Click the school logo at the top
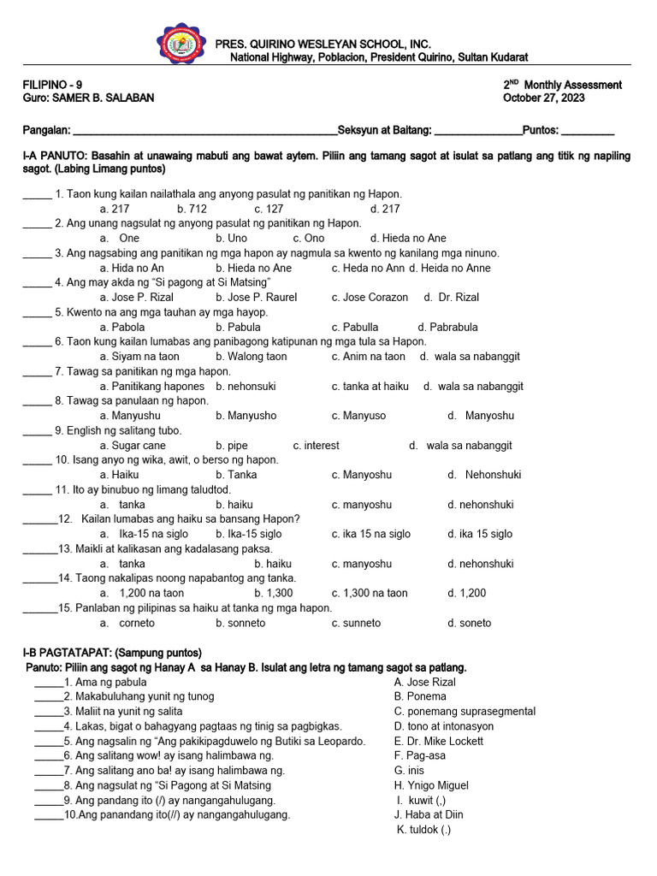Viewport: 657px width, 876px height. point(181,47)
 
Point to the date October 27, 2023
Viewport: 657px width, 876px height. point(543,98)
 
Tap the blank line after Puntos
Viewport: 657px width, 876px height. point(588,130)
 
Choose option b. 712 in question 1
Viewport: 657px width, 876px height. point(192,209)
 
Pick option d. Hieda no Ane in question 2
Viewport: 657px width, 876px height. point(408,238)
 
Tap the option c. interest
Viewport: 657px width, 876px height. point(316,446)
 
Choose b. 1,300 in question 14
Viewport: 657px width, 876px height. point(273,593)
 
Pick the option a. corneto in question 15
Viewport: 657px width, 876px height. point(127,623)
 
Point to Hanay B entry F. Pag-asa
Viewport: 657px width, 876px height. point(420,755)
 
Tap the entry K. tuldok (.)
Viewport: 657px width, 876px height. point(424,830)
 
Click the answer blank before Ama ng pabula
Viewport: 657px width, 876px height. point(48,683)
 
